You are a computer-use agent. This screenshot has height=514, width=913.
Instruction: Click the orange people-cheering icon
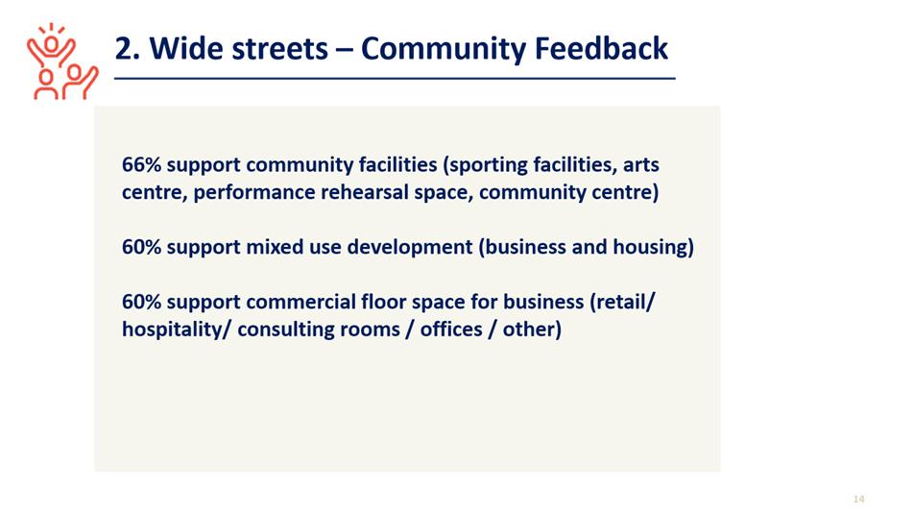tap(62, 61)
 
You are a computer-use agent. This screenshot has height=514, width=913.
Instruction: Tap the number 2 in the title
tap(124, 48)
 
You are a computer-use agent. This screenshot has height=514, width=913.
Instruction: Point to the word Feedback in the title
tap(601, 48)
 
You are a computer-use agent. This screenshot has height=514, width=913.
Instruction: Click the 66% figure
tap(141, 165)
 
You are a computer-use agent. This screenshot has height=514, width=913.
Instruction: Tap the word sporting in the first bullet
tap(485, 165)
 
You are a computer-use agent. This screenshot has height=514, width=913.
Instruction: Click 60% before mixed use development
tap(141, 247)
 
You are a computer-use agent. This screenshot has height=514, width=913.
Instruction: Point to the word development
tap(410, 248)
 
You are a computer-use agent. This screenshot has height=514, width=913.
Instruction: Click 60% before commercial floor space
tap(141, 302)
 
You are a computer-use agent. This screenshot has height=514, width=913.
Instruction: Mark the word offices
tap(451, 330)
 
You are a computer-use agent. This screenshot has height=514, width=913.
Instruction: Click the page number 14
tap(859, 499)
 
